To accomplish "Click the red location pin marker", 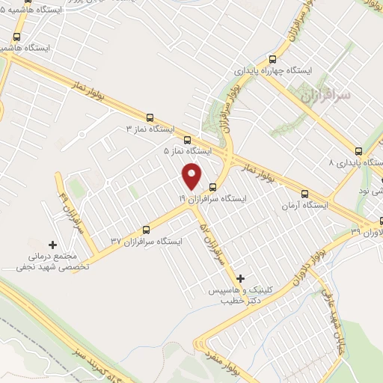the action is coord(192,175).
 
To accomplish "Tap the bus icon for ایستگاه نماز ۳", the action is coord(150,117).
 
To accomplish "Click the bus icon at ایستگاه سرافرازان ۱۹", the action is coord(213,187).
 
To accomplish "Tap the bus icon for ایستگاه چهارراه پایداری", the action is coord(273,59).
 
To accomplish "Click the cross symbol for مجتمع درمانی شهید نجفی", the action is coord(52,244).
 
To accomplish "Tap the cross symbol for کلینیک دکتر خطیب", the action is coord(239,279).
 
